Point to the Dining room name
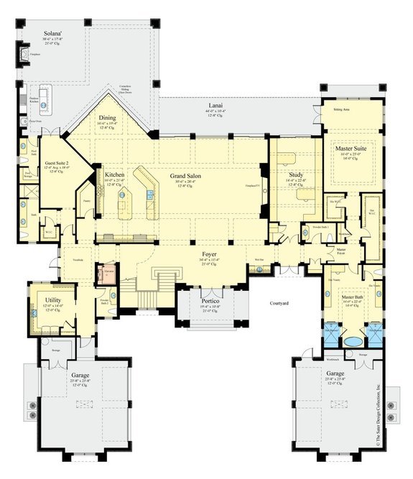[x=106, y=118]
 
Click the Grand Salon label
[x=185, y=175]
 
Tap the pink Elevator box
[x=109, y=274]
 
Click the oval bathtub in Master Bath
[x=353, y=342]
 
